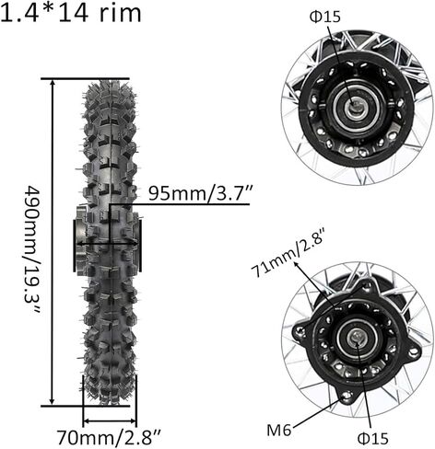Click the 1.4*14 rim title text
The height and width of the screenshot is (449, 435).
click(71, 12)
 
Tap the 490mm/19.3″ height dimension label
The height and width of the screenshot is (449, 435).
click(32, 249)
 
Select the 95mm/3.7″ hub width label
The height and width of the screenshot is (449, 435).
click(201, 193)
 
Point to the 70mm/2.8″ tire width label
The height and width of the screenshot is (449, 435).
click(110, 437)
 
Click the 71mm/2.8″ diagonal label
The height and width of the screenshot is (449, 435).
click(288, 252)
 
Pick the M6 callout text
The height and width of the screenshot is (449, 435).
click(279, 431)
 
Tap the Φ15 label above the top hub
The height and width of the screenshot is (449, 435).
click(325, 17)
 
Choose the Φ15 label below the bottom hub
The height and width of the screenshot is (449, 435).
click(373, 439)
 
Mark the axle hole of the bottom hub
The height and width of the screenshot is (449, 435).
click(357, 338)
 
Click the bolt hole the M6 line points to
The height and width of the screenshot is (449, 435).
click(347, 396)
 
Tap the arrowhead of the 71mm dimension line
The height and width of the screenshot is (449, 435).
click(297, 264)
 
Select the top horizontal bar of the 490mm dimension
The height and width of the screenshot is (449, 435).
click(85, 79)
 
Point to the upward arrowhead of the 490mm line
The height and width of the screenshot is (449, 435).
click(53, 85)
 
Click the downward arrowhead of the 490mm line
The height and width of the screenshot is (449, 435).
click(53, 400)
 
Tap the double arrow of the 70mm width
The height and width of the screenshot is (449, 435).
click(110, 420)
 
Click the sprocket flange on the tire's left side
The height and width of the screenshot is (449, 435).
click(79, 238)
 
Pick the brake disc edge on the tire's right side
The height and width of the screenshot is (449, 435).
click(140, 246)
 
